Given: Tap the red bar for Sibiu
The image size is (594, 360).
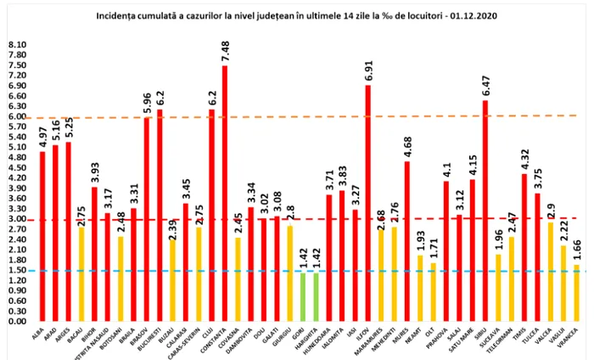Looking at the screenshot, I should (485, 211).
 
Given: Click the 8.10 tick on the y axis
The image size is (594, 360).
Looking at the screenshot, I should (16, 44).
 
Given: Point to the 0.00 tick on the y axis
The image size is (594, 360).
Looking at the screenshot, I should (16, 322).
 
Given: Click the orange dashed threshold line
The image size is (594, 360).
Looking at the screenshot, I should (339, 116).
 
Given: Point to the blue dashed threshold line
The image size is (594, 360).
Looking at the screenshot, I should (339, 271).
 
